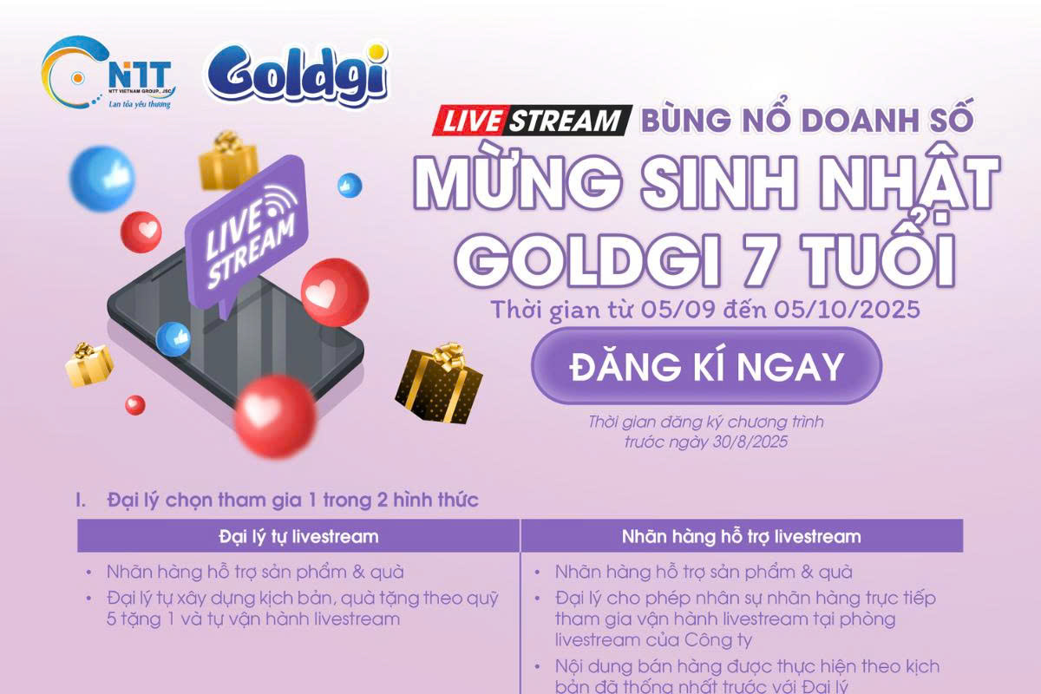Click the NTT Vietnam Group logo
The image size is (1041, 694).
pos(108,73)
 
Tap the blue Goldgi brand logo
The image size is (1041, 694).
pos(298,75)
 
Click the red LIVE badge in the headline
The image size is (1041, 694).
pos(469,121)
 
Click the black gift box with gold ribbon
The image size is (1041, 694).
pos(438,384)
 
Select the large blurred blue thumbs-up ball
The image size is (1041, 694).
pos(102,179)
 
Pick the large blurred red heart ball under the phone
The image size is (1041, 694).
pos(275,416)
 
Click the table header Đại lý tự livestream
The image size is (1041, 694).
pos(298,537)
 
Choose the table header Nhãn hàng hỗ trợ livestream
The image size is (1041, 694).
pos(741,537)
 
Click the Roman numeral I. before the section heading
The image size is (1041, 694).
pos(81,501)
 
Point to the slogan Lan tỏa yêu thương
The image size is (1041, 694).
pos(140,104)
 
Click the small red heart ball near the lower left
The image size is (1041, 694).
pos(134,405)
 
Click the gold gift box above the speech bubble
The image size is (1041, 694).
pos(228,160)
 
